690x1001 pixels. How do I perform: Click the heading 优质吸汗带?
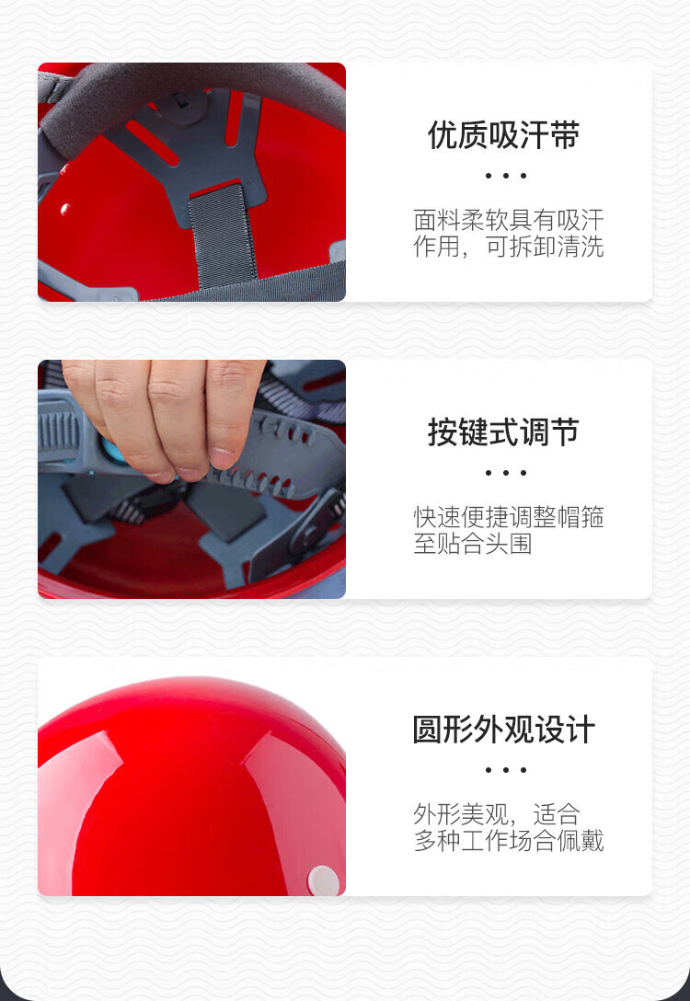coord(503,135)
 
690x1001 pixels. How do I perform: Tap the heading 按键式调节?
coord(503,432)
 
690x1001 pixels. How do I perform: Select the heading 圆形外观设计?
coord(503,730)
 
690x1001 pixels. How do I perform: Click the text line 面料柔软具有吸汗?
coord(509,220)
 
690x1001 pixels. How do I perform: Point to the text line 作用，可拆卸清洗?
coord(509,247)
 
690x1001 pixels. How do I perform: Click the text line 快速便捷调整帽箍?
coord(509,517)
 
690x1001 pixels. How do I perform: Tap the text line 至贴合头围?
coord(473,544)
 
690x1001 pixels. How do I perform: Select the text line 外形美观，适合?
coord(497,814)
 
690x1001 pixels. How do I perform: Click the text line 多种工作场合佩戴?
coord(509,841)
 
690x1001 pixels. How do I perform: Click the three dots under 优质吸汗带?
coord(505,176)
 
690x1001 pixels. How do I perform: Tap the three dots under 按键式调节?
coord(505,473)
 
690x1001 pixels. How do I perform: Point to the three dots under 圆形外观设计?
coord(505,770)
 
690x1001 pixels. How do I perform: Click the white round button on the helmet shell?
coord(323,880)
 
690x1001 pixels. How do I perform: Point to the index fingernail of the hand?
coord(224,458)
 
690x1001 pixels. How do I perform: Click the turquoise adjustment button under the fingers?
coord(114,450)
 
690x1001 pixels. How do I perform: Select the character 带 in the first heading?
coord(565,135)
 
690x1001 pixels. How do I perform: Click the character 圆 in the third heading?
coord(428,730)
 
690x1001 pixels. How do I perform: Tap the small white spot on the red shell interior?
coord(65,209)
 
